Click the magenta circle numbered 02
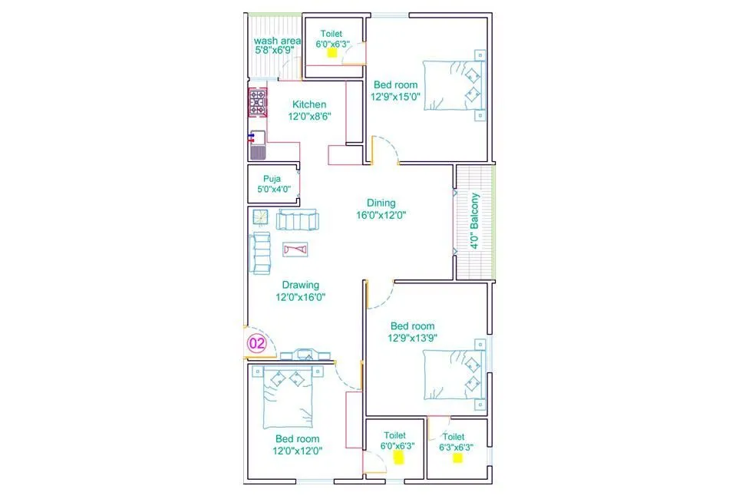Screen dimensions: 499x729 pos(256,344)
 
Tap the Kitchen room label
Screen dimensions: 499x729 pos(309,104)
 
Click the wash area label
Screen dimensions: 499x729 pos(277,41)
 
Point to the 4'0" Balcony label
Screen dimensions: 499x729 pos(475,220)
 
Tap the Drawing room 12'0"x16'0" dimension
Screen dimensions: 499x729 pos(301,297)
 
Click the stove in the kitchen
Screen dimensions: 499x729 pos(258,103)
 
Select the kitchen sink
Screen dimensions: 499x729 pos(257,146)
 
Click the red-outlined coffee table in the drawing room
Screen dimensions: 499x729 pos(295,249)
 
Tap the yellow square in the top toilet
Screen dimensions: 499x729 pos(332,53)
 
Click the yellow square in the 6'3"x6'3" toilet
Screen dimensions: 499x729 pos(457,458)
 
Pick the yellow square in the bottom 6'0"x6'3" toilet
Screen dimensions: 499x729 pos(398,458)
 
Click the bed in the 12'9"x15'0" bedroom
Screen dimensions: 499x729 pos(456,85)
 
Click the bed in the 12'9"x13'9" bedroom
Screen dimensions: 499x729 pos(455,375)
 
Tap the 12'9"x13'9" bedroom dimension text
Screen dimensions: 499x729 pos(412,338)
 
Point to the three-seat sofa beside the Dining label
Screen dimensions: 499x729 pos(297,220)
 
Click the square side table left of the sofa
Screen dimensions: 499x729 pos(259,217)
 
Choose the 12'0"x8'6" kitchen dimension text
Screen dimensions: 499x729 pos(307,117)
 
